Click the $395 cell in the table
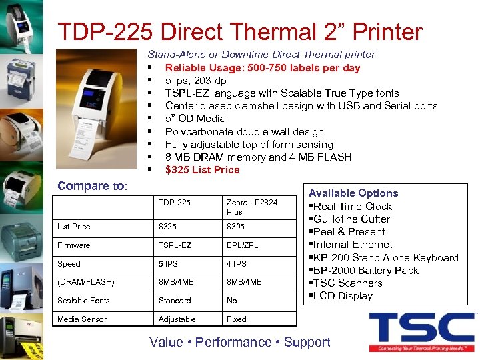tap(235, 227)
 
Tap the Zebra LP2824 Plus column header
tap(251, 207)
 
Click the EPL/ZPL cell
tap(242, 245)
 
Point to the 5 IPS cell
tap(169, 264)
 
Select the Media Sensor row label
tap(82, 319)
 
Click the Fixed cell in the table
tap(236, 319)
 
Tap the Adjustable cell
tap(177, 319)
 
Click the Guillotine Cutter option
tap(351, 219)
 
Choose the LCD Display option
tap(343, 296)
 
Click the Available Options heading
tap(353, 193)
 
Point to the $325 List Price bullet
tap(202, 170)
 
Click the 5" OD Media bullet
tap(195, 119)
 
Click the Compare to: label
tap(92, 186)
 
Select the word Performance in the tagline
tap(233, 342)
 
